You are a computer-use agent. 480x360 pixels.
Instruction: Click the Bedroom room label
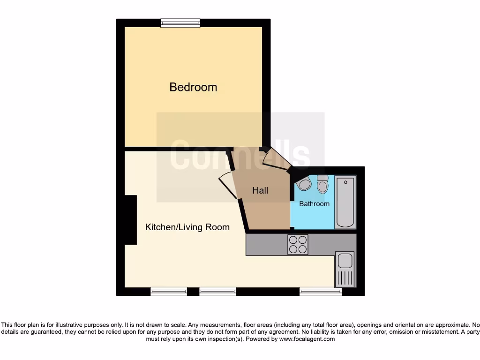click(x=193, y=87)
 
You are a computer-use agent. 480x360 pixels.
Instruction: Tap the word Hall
click(x=260, y=190)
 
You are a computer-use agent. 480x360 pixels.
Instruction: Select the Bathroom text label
click(x=314, y=204)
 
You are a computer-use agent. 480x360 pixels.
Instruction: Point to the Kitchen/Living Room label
click(x=187, y=227)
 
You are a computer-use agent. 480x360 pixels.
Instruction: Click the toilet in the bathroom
click(x=322, y=186)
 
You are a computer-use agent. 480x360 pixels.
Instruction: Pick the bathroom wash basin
click(x=304, y=184)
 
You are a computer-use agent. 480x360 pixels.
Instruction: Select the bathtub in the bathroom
click(x=345, y=202)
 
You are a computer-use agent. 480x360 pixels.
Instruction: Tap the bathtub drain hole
click(x=345, y=181)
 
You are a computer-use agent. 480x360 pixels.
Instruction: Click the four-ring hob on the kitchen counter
click(x=298, y=244)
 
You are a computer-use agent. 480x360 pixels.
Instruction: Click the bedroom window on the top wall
click(x=180, y=23)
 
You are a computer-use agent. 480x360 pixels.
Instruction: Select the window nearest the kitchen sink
click(x=321, y=292)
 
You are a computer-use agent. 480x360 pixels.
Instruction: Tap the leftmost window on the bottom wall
click(x=169, y=292)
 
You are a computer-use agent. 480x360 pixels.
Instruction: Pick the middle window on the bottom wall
click(x=217, y=292)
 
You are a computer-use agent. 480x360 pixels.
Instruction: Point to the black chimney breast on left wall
click(x=130, y=220)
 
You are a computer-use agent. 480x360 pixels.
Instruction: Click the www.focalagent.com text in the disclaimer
click(x=307, y=339)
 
